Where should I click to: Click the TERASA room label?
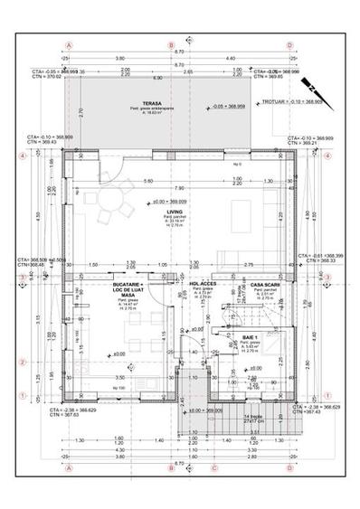pos(138,103)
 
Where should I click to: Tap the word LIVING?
pos(162,212)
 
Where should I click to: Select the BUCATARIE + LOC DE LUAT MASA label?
pos(128,289)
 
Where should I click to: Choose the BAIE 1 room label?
pos(251,336)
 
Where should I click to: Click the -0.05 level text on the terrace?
pos(230,106)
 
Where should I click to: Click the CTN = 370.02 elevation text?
pos(45,77)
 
